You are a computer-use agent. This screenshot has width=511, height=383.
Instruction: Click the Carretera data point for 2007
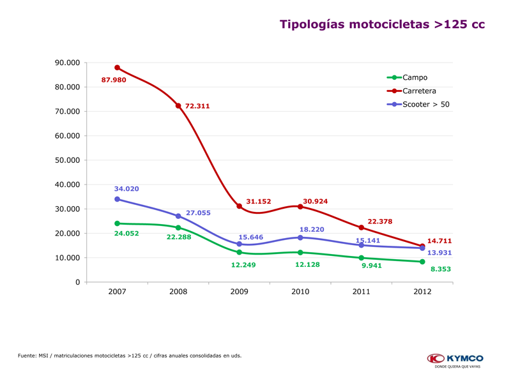click(x=117, y=68)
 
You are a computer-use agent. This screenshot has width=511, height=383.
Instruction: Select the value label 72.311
click(x=197, y=106)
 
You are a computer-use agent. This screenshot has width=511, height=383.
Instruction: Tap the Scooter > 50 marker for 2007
click(x=117, y=199)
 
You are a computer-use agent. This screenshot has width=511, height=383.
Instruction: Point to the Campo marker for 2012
click(x=422, y=262)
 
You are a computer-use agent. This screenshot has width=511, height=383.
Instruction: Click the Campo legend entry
click(x=415, y=77)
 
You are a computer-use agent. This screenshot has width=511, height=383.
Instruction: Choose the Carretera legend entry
click(x=419, y=91)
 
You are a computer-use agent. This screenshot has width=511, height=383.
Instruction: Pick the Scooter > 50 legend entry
click(x=425, y=104)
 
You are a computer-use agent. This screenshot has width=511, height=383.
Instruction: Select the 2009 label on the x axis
click(x=239, y=292)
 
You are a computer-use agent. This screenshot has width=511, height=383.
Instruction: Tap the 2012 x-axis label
click(x=422, y=292)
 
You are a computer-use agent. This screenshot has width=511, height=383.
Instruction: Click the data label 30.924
click(x=315, y=201)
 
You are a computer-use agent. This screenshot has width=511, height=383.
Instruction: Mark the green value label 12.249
click(x=243, y=265)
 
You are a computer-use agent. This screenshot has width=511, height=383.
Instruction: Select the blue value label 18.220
click(x=312, y=229)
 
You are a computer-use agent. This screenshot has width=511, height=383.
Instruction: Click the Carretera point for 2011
click(x=362, y=227)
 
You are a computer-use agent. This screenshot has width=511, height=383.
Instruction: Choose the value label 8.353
click(x=440, y=269)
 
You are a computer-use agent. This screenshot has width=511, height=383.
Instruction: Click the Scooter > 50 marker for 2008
click(x=178, y=216)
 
